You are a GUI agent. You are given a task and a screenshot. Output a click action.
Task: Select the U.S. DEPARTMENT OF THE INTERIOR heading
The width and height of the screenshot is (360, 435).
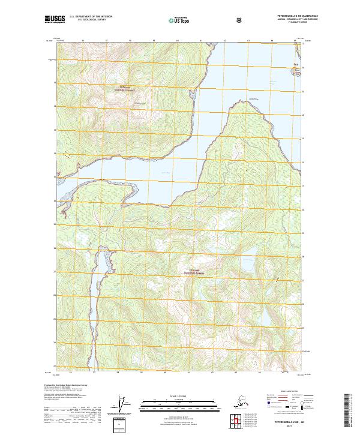91,16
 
